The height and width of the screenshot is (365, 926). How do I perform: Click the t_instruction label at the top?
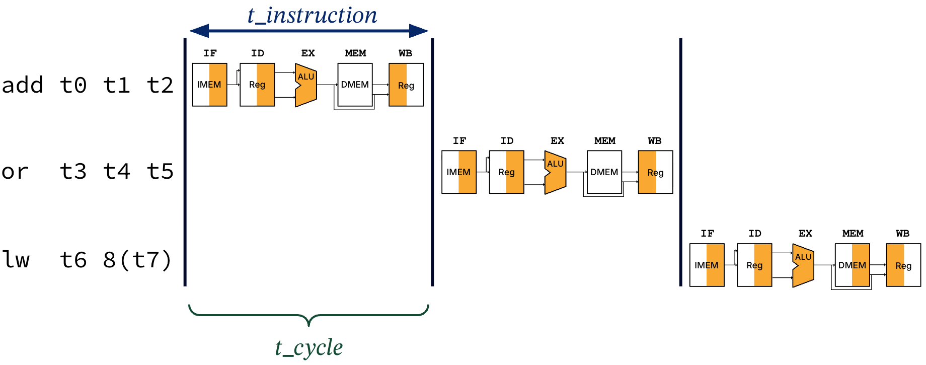point(312,15)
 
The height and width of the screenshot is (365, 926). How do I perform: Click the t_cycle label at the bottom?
point(308,347)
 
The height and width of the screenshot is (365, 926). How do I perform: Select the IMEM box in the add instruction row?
point(209,85)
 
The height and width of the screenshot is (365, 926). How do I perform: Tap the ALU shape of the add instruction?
point(305,85)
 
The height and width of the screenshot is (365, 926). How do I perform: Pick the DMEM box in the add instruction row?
point(355,85)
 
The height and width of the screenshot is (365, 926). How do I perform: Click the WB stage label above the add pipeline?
point(405,53)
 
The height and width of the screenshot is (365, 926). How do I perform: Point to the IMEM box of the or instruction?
point(458,172)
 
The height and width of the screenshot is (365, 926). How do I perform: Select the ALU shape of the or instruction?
point(555,172)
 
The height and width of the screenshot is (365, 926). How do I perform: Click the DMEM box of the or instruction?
point(604,172)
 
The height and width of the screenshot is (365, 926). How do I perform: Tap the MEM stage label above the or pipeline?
point(604,141)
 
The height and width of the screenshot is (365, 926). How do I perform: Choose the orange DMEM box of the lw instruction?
point(852,265)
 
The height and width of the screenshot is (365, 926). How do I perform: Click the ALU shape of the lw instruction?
point(803,265)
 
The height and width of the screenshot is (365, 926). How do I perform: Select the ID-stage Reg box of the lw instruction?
point(754,265)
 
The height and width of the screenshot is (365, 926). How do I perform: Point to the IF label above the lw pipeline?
point(707,234)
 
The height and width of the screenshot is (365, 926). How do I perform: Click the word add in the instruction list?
point(23,85)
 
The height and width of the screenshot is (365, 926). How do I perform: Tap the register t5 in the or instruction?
point(160,172)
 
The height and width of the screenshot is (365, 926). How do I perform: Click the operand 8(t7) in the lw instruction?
point(137,260)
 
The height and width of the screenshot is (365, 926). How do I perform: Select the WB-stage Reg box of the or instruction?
point(655,172)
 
